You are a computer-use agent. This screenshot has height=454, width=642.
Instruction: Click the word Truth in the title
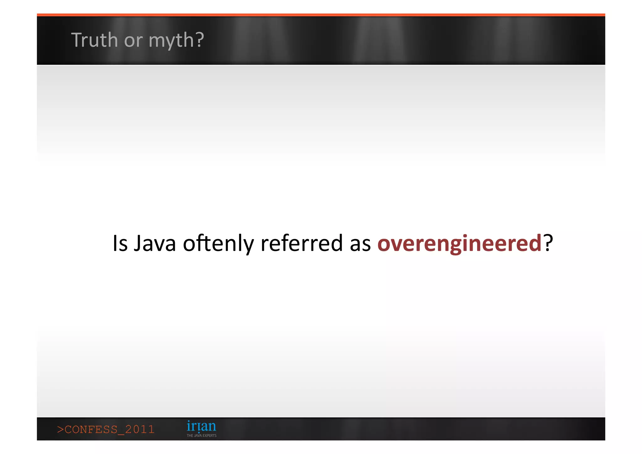coord(94,40)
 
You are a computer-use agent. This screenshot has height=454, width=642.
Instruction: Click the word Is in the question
coord(120,243)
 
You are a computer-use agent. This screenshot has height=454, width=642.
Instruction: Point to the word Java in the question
coord(155,243)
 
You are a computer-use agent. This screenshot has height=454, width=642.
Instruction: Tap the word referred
coord(302,243)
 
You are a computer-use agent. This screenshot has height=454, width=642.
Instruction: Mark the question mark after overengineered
coord(548,243)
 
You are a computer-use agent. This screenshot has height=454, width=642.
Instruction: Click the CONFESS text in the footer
coord(91,429)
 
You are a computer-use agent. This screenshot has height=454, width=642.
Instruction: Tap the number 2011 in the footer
coord(140,429)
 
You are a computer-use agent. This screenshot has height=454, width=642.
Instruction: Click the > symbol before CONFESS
coord(60,429)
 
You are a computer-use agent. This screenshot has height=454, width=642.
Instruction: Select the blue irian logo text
coord(201,426)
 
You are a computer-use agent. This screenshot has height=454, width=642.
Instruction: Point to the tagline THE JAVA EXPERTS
coord(202,435)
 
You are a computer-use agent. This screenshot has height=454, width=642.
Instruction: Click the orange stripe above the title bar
coord(321,15)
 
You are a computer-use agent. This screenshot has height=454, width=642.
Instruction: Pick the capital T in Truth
coord(76,40)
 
